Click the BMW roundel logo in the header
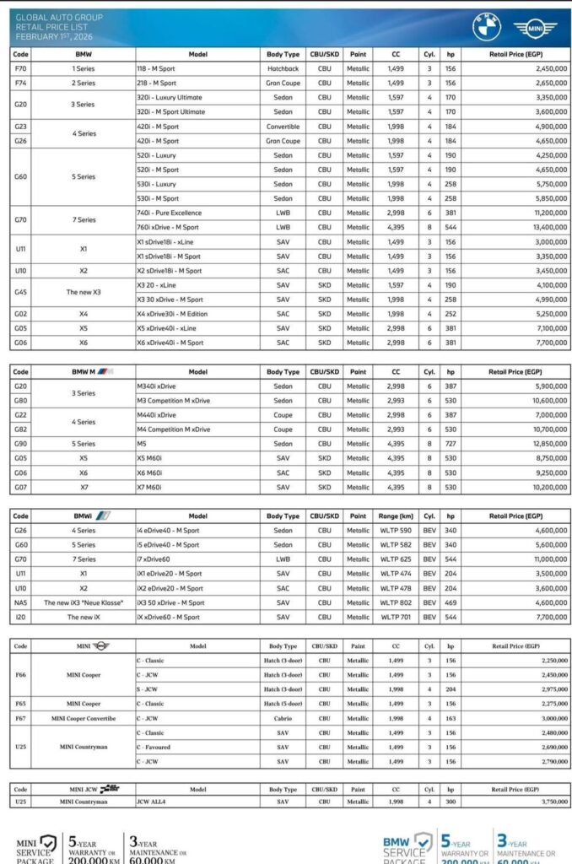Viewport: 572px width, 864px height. (487, 27)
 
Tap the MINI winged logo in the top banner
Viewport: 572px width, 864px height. (536, 28)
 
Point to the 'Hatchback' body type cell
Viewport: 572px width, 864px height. (283, 68)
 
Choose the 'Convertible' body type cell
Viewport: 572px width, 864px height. (283, 126)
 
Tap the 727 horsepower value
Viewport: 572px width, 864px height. (451, 443)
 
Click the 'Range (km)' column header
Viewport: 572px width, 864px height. (396, 516)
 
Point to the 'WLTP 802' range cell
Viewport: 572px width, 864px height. (396, 602)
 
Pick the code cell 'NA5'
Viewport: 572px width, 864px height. (21, 602)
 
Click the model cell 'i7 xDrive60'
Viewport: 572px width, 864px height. (157, 559)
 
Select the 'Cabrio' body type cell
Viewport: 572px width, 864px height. (283, 718)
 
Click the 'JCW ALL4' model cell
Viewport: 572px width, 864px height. (152, 802)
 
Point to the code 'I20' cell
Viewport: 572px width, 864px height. (21, 617)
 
